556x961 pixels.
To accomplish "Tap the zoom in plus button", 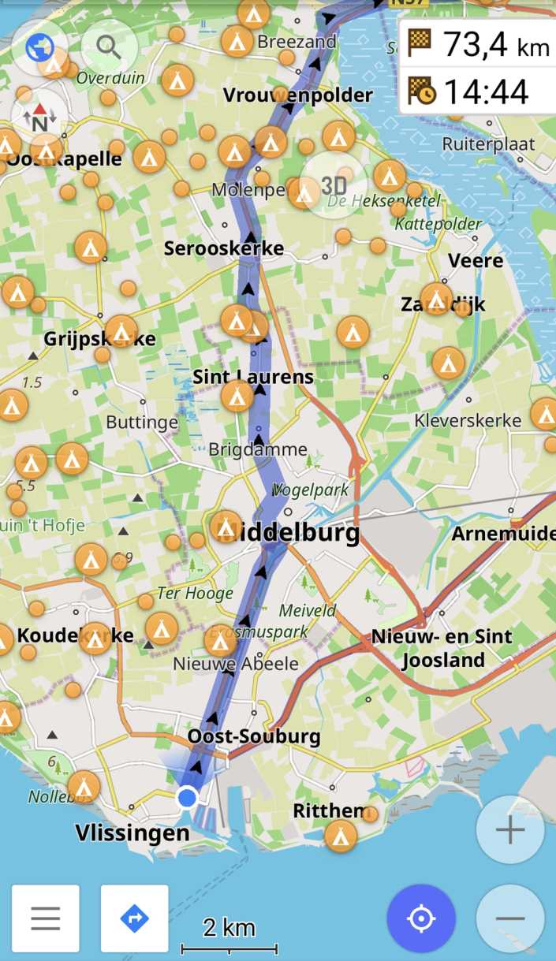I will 510,830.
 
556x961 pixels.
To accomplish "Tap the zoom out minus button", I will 510,918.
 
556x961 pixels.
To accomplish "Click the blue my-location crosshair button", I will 421,918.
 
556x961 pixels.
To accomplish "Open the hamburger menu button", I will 46,918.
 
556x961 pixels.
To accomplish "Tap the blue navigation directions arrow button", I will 135,918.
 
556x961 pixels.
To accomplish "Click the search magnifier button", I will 109,48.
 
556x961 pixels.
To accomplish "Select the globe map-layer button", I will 39,48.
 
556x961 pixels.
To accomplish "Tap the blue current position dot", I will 187,798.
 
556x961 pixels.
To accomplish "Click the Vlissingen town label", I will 132,832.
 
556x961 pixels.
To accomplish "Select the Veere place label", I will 475,260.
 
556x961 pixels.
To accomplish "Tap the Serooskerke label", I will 224,248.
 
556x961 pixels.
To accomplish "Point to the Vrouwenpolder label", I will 297,95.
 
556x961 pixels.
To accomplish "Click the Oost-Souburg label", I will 254,736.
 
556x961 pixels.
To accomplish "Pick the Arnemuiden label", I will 503,534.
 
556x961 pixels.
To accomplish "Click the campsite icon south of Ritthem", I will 341,836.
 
